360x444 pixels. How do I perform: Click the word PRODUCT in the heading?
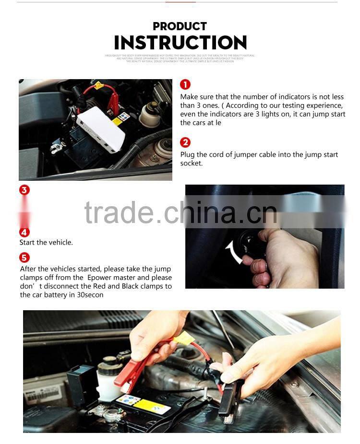click(180, 26)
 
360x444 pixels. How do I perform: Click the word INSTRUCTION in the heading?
click(180, 43)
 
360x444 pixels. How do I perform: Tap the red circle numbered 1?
click(185, 85)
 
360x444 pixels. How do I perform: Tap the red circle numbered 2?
click(185, 142)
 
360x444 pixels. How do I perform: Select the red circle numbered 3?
click(24, 190)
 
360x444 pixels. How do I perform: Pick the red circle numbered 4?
click(24, 232)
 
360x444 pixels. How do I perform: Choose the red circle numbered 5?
click(24, 258)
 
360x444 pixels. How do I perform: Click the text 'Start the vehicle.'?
click(46, 243)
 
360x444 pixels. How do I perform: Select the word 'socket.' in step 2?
click(192, 164)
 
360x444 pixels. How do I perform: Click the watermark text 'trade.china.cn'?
click(180, 213)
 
